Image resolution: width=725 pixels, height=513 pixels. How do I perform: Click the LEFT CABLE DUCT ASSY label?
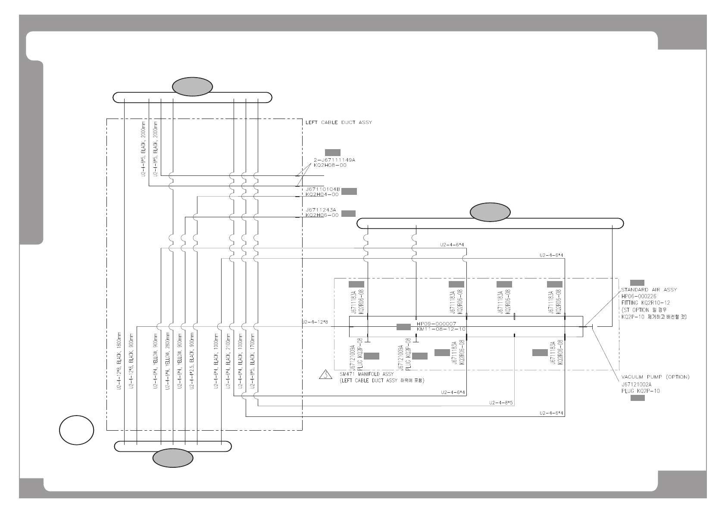point(338,122)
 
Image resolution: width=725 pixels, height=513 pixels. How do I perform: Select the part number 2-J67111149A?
point(334,160)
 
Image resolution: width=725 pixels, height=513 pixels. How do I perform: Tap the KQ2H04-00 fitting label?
point(322,194)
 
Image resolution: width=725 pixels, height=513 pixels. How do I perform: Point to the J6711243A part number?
point(321,210)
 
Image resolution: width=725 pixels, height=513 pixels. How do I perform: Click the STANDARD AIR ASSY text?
point(649,290)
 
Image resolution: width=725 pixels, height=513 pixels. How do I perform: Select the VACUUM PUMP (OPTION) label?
point(655,377)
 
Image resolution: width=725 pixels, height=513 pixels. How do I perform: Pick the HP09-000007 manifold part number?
point(436,324)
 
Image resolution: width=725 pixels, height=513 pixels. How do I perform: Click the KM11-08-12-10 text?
point(441,329)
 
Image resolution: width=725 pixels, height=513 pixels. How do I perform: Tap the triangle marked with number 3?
point(326,374)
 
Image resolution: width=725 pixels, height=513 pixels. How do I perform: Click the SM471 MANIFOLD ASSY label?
point(367,374)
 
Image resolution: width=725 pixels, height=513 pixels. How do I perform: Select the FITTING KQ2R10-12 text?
point(645,303)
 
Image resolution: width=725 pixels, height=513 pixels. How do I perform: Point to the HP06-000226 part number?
point(638,297)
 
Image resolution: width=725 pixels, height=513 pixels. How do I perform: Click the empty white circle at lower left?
point(76,430)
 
